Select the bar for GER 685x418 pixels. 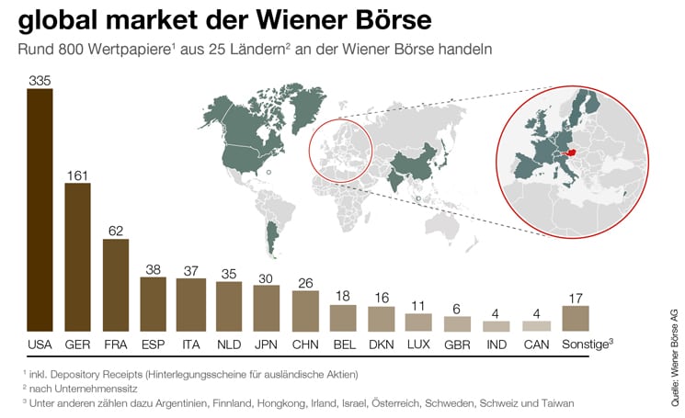pyautogui.click(x=77, y=257)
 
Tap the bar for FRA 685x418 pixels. pyautogui.click(x=115, y=285)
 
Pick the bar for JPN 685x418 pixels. pyautogui.click(x=267, y=308)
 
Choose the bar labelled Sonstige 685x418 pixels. pyautogui.click(x=575, y=318)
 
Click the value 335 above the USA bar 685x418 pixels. pyautogui.click(x=40, y=82)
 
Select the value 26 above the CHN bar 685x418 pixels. pyautogui.click(x=305, y=283)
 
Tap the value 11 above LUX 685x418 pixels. pyautogui.click(x=418, y=306)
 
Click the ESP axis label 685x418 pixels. pyautogui.click(x=153, y=344)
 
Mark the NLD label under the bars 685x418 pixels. pyautogui.click(x=229, y=344)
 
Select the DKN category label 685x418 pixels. pyautogui.click(x=381, y=344)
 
